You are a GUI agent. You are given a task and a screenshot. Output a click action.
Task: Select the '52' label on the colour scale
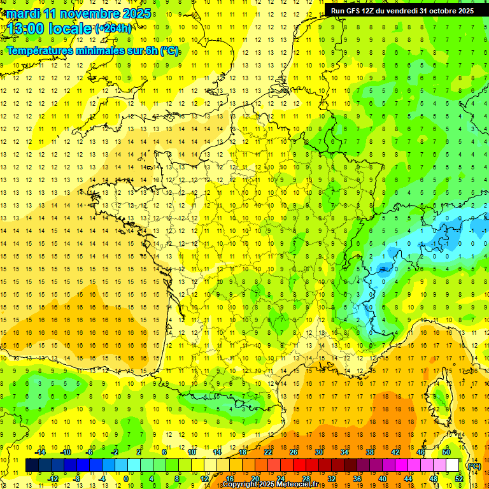coord(459,479)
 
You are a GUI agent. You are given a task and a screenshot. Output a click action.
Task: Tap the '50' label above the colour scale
coord(446,452)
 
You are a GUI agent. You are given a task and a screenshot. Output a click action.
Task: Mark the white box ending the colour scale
coord(453,465)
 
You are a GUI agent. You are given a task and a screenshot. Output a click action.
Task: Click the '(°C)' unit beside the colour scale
coord(474,465)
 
